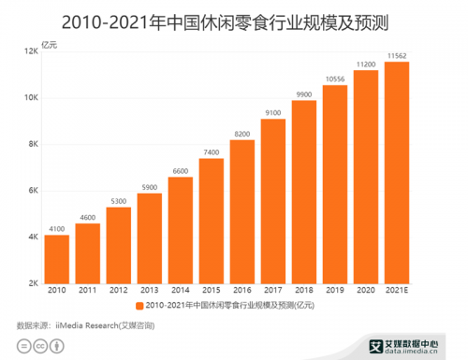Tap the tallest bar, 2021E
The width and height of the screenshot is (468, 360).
click(x=397, y=172)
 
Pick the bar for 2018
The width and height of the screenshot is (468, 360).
click(x=304, y=191)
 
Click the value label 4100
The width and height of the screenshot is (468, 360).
click(x=56, y=227)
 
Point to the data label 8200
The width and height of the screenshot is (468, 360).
click(x=242, y=134)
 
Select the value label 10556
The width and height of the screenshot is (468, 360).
click(x=335, y=79)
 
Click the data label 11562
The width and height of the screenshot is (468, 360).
click(x=397, y=55)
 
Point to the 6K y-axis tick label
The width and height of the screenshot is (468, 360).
click(x=32, y=191)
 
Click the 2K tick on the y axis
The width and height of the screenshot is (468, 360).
click(x=32, y=283)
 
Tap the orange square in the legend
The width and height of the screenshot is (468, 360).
click(x=139, y=307)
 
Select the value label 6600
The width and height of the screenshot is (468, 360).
click(x=180, y=170)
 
